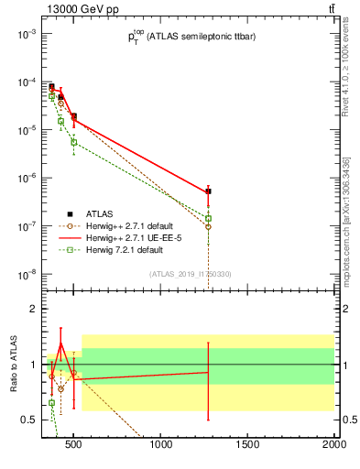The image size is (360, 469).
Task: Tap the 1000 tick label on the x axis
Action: tap(162, 445)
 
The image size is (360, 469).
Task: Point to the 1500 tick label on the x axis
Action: tap(248, 445)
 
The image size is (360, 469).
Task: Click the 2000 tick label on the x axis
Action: tap(333, 445)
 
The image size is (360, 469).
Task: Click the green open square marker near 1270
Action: tap(209, 219)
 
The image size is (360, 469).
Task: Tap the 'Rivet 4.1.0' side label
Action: tap(345, 82)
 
